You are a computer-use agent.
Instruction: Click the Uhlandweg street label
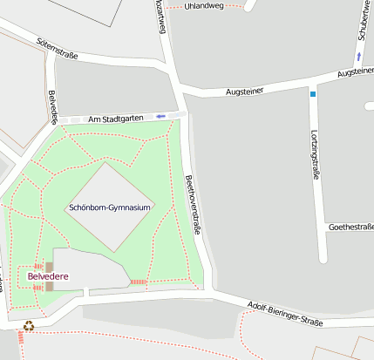click(204, 5)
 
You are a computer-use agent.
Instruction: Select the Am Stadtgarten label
click(115, 119)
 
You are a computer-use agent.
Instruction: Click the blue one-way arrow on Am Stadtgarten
click(160, 116)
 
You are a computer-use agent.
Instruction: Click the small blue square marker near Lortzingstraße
click(312, 93)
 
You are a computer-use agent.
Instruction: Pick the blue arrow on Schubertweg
click(357, 57)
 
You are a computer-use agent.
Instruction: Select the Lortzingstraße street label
click(315, 154)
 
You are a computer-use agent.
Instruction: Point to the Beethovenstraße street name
click(194, 205)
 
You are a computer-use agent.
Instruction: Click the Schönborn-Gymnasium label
click(111, 208)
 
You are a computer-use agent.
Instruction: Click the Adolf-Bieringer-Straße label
click(285, 313)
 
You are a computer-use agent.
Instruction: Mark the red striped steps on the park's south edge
click(138, 282)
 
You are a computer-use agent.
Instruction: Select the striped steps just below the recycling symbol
click(20, 337)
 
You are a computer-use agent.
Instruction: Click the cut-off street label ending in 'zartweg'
click(159, 16)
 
